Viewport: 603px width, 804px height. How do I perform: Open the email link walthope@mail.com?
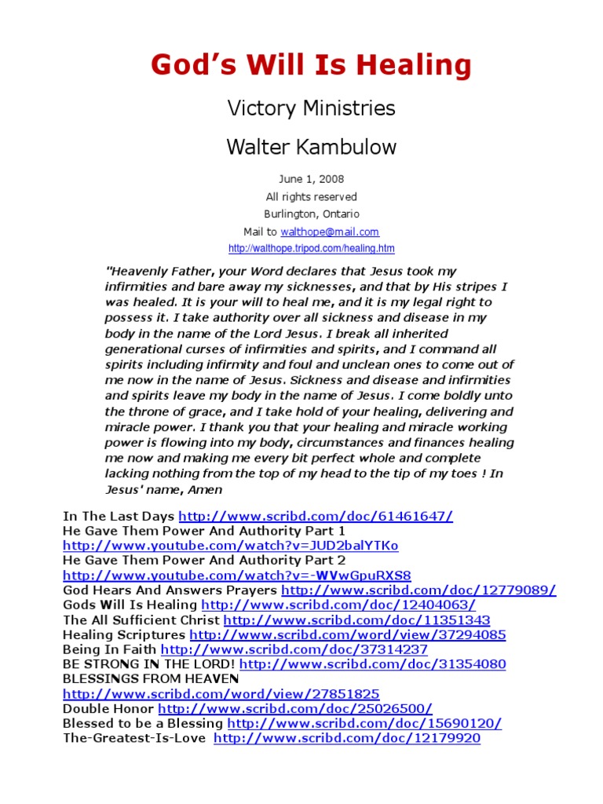[x=330, y=232]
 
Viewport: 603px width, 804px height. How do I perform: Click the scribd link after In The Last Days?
[x=316, y=516]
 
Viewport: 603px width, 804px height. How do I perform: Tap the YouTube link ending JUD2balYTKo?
[x=230, y=546]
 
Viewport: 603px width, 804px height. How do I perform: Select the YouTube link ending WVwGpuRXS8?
[x=236, y=576]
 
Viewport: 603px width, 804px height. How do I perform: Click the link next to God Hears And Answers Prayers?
[x=418, y=590]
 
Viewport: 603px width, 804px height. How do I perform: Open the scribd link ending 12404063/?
[x=338, y=605]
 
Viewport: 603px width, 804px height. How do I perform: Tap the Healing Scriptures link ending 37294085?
[x=348, y=635]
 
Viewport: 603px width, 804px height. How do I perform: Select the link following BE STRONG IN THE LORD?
[x=372, y=664]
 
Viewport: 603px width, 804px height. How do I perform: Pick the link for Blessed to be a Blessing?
[x=364, y=724]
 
